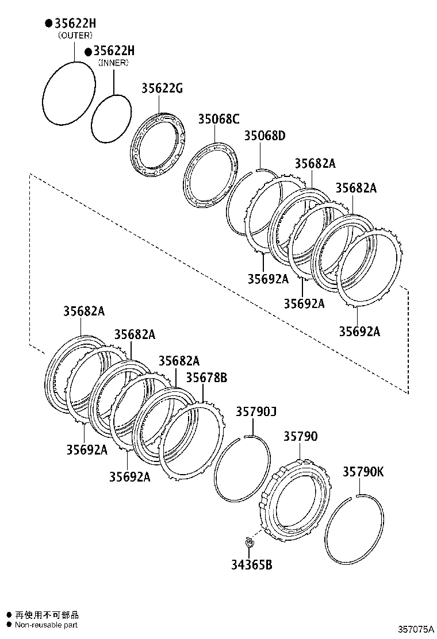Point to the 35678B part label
pyautogui.click(x=206, y=378)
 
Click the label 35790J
pyautogui.click(x=256, y=412)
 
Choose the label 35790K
pyautogui.click(x=363, y=472)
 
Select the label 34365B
pyautogui.click(x=251, y=565)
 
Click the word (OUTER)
pyautogui.click(x=75, y=35)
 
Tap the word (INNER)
pyautogui.click(x=113, y=63)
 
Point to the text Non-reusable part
pyautogui.click(x=46, y=625)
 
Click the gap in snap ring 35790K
pyautogui.click(x=358, y=495)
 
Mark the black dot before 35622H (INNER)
pyautogui.click(x=88, y=52)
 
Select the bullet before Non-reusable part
pyautogui.click(x=8, y=625)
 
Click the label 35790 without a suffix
pyautogui.click(x=300, y=437)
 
